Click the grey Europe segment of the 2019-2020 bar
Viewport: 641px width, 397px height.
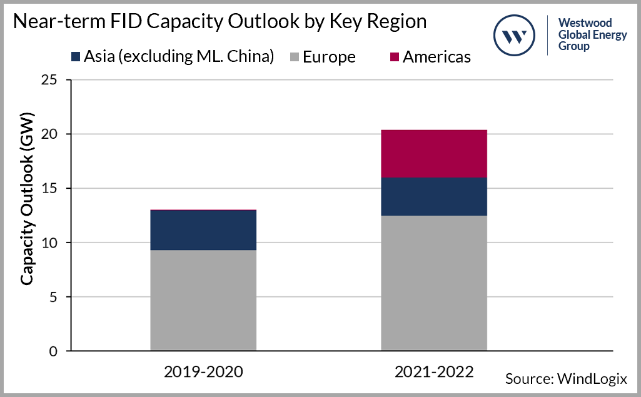(x=203, y=300)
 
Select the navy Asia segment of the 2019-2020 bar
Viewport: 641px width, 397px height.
(x=203, y=230)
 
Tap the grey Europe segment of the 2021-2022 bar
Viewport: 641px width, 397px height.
(x=434, y=283)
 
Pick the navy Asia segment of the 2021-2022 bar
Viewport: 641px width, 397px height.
(x=434, y=196)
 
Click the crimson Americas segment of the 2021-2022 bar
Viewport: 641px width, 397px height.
(x=434, y=153)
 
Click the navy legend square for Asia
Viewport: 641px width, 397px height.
(x=76, y=57)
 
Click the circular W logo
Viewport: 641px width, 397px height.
(x=515, y=35)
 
